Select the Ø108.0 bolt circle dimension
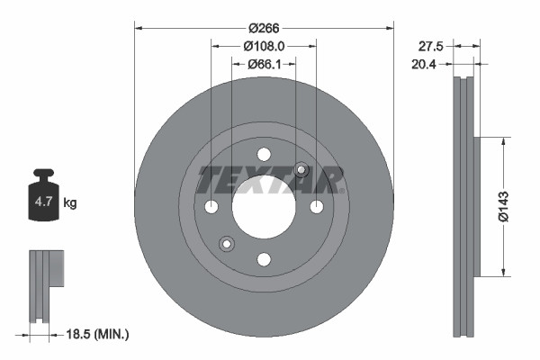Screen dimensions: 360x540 (x=264, y=45)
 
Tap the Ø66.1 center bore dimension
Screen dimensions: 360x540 (x=264, y=63)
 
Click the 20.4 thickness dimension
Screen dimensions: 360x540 (x=433, y=63)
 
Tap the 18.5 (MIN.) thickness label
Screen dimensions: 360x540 (x=99, y=335)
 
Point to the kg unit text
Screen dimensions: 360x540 (x=70, y=203)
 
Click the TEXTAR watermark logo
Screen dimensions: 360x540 (x=271, y=180)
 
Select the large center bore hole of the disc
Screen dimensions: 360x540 (x=264, y=207)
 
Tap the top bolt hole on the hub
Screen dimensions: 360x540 (x=264, y=154)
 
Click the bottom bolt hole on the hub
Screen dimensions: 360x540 (x=264, y=260)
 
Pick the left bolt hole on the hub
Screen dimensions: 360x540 (x=211, y=207)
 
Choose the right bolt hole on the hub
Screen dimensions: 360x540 (x=317, y=207)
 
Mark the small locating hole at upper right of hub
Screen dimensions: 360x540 (x=301, y=171)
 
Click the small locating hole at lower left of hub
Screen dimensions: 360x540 (x=226, y=242)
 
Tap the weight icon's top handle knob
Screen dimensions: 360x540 (x=43, y=173)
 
